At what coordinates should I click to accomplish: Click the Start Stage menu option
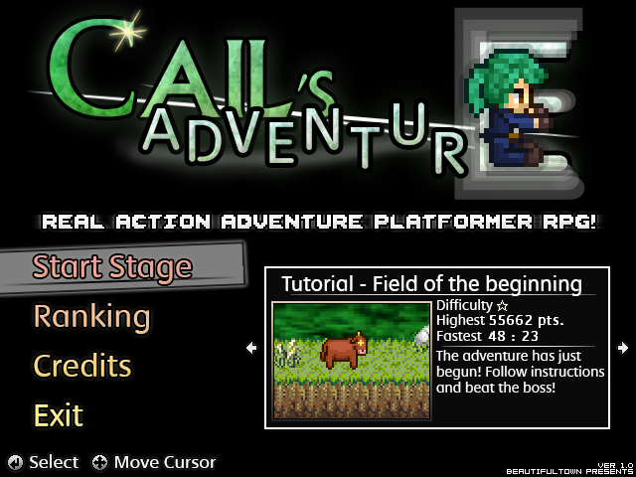pos(111,266)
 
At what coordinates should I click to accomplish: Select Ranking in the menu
pos(91,317)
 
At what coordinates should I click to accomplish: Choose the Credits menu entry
pos(82,366)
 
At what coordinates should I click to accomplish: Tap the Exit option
pos(59,414)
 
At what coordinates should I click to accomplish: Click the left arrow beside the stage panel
pos(251,348)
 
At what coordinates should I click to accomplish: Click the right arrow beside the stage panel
pos(623,348)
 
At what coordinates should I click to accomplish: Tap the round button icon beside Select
pos(15,462)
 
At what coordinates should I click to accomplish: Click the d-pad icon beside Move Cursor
pos(100,462)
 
